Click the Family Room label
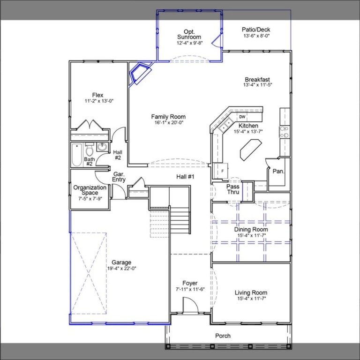coord(168,117)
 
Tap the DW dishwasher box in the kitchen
coord(242,117)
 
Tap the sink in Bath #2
coord(101,148)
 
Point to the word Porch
coord(223,336)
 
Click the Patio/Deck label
coord(256,30)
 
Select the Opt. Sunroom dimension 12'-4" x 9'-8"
coord(189,43)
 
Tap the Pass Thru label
coord(233,189)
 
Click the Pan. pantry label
coord(279,172)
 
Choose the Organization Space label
coord(90,190)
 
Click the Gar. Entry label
coord(119,177)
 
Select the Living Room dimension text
coord(251,299)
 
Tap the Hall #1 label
coord(185,177)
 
